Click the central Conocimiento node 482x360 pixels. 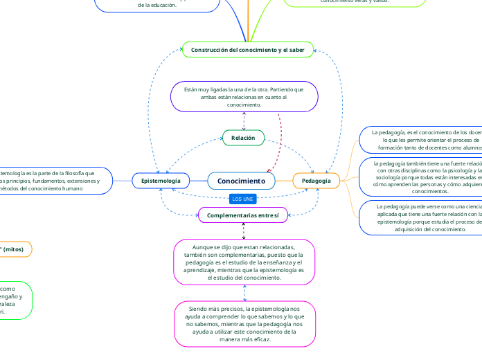pos(241,181)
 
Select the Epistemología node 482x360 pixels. pos(161,181)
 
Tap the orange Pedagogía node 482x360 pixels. pos(316,181)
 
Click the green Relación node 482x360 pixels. pos(243,138)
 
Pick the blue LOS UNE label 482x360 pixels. pos(242,199)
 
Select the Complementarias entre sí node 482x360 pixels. pos(243,216)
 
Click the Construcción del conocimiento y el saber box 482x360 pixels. pos(248,50)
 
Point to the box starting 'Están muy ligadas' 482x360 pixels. pos(243,96)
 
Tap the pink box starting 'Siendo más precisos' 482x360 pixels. pos(244,323)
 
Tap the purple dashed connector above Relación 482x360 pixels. pos(243,120)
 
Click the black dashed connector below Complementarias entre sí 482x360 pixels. pos(243,231)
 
